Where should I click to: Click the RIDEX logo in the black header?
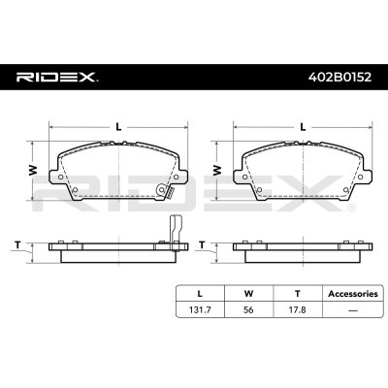click(x=55, y=78)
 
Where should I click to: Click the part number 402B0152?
click(x=340, y=77)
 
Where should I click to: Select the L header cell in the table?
click(x=200, y=294)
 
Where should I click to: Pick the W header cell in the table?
click(x=248, y=294)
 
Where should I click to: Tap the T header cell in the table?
click(x=298, y=294)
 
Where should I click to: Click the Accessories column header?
click(x=353, y=294)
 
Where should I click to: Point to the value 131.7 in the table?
click(x=200, y=309)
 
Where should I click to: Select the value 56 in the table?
click(x=248, y=309)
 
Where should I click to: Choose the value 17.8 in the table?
click(x=298, y=309)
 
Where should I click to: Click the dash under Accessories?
click(x=353, y=310)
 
